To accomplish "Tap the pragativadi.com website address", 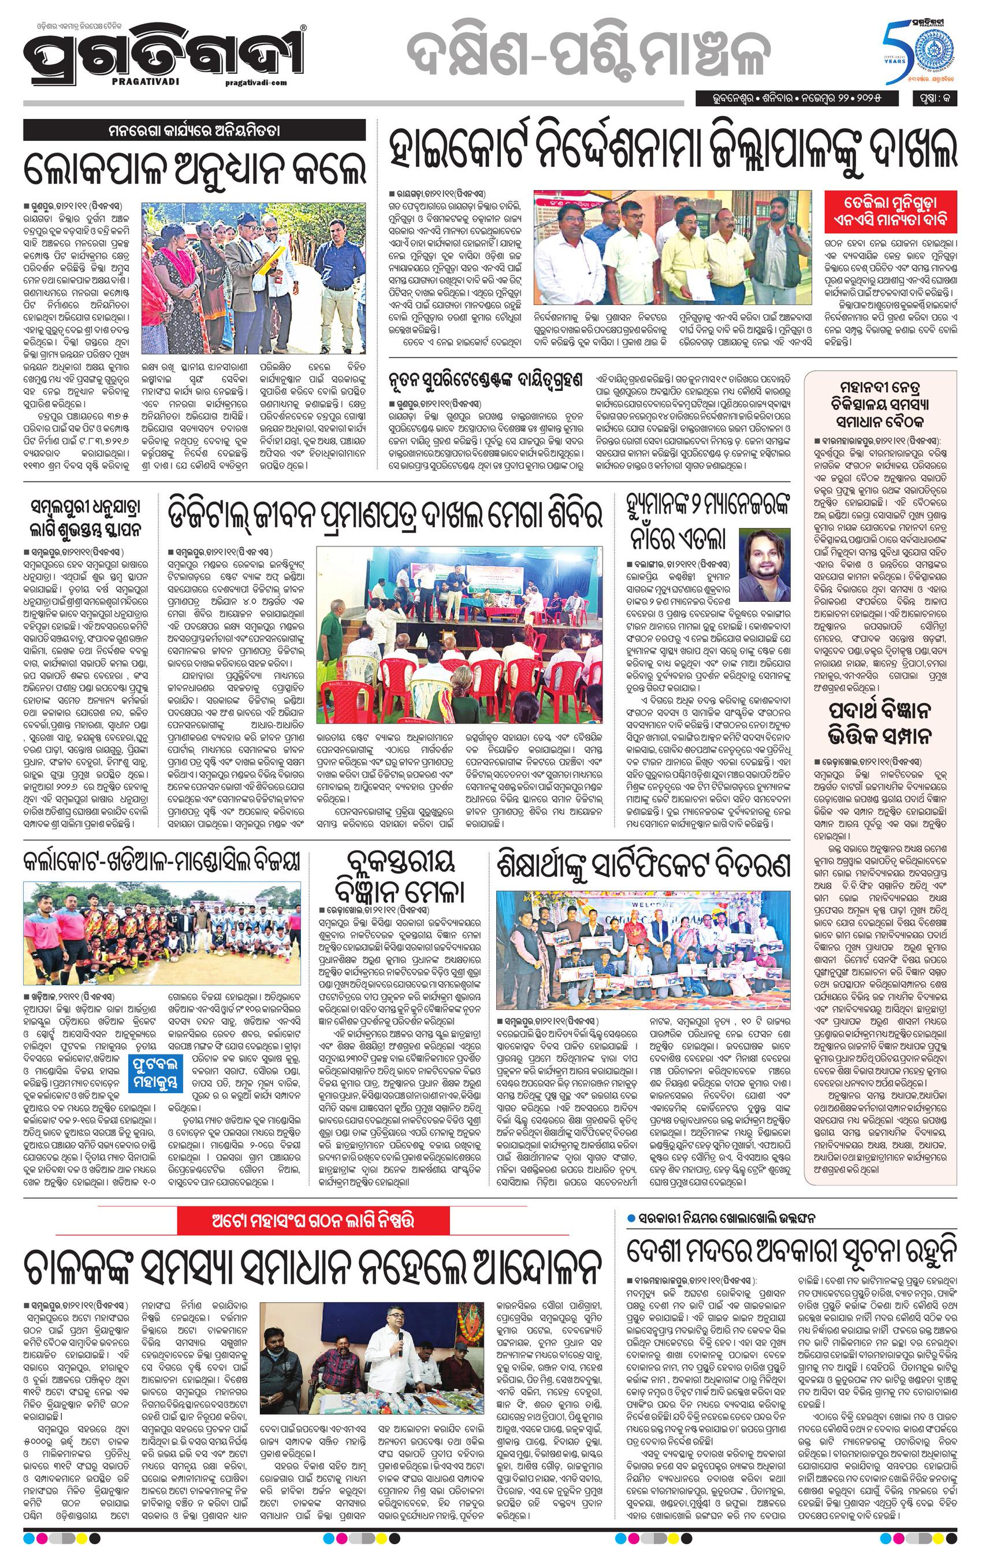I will click(x=256, y=82).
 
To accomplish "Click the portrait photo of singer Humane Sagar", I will click(x=766, y=556).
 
